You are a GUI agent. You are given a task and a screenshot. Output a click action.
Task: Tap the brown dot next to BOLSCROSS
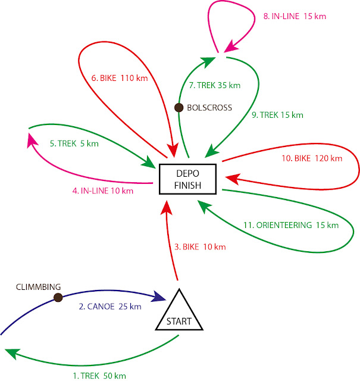[178, 108]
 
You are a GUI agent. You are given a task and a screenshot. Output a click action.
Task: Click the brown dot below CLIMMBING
[58, 297]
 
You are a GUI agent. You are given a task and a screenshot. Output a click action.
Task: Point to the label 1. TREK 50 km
[99, 376]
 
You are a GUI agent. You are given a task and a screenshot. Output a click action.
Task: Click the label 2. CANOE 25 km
[109, 307]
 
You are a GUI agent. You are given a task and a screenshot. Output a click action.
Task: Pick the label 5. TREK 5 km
[74, 143]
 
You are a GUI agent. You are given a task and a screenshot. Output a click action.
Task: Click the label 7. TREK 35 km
[214, 86]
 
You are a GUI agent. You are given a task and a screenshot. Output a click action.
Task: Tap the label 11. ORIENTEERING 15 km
[290, 225]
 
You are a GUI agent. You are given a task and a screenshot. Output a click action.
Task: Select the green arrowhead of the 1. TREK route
[12, 355]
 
